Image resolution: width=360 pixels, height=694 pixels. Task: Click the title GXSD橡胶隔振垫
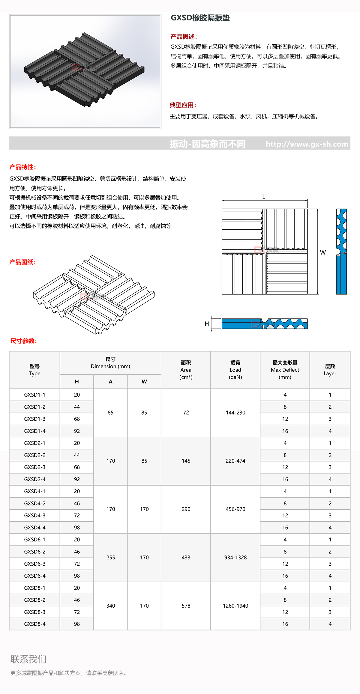click(200, 18)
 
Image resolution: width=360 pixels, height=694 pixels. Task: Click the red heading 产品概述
click(184, 37)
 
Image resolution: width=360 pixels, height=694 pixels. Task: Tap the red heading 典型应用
click(183, 105)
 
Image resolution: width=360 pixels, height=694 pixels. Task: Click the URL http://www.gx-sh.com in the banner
click(307, 144)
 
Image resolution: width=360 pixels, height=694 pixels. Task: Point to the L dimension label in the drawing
click(264, 197)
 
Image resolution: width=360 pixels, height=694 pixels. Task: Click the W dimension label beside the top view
click(323, 252)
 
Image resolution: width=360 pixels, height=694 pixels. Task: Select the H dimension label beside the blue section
click(207, 324)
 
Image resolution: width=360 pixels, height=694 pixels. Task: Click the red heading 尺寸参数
click(23, 341)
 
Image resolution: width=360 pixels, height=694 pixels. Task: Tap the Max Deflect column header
click(285, 370)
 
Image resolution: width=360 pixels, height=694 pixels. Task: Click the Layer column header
click(330, 370)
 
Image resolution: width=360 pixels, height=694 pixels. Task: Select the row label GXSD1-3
click(35, 419)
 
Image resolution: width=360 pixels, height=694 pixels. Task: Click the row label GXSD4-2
click(35, 503)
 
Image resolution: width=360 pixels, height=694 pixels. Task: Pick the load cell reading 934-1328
click(235, 558)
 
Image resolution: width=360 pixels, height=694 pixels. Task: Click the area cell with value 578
click(186, 606)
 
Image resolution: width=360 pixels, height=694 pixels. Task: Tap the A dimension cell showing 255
click(111, 558)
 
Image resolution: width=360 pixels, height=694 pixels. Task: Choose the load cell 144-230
click(235, 413)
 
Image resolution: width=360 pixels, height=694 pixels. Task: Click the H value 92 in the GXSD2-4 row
click(77, 479)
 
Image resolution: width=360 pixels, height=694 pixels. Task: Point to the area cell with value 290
click(186, 509)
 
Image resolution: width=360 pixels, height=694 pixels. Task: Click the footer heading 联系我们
click(28, 659)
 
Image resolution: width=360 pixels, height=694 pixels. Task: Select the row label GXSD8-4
click(35, 624)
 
